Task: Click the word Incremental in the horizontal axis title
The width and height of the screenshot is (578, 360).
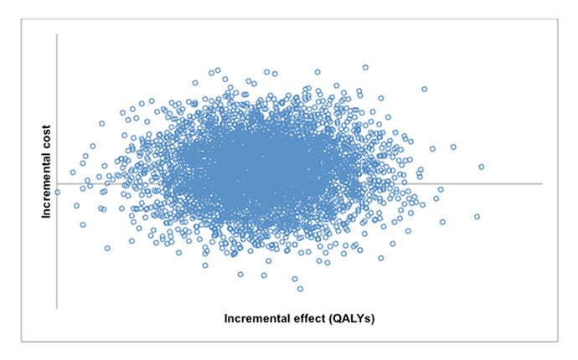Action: (x=257, y=319)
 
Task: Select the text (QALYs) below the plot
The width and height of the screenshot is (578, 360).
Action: (x=354, y=319)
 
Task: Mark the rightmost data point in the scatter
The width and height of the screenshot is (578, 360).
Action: (x=482, y=167)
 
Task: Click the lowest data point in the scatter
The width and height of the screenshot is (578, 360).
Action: (x=300, y=289)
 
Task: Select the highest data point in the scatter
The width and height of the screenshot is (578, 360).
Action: (x=365, y=67)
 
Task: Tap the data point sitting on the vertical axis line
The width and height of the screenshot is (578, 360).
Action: (x=57, y=192)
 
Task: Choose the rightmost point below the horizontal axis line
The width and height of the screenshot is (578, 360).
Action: (x=477, y=217)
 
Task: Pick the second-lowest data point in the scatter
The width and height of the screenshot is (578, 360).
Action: (x=294, y=279)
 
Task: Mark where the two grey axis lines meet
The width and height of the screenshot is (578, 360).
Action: (x=57, y=183)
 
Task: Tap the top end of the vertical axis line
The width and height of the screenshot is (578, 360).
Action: (x=57, y=34)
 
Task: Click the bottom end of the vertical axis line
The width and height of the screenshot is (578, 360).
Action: (x=57, y=307)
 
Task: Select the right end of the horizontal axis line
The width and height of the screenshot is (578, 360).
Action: (x=542, y=183)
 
